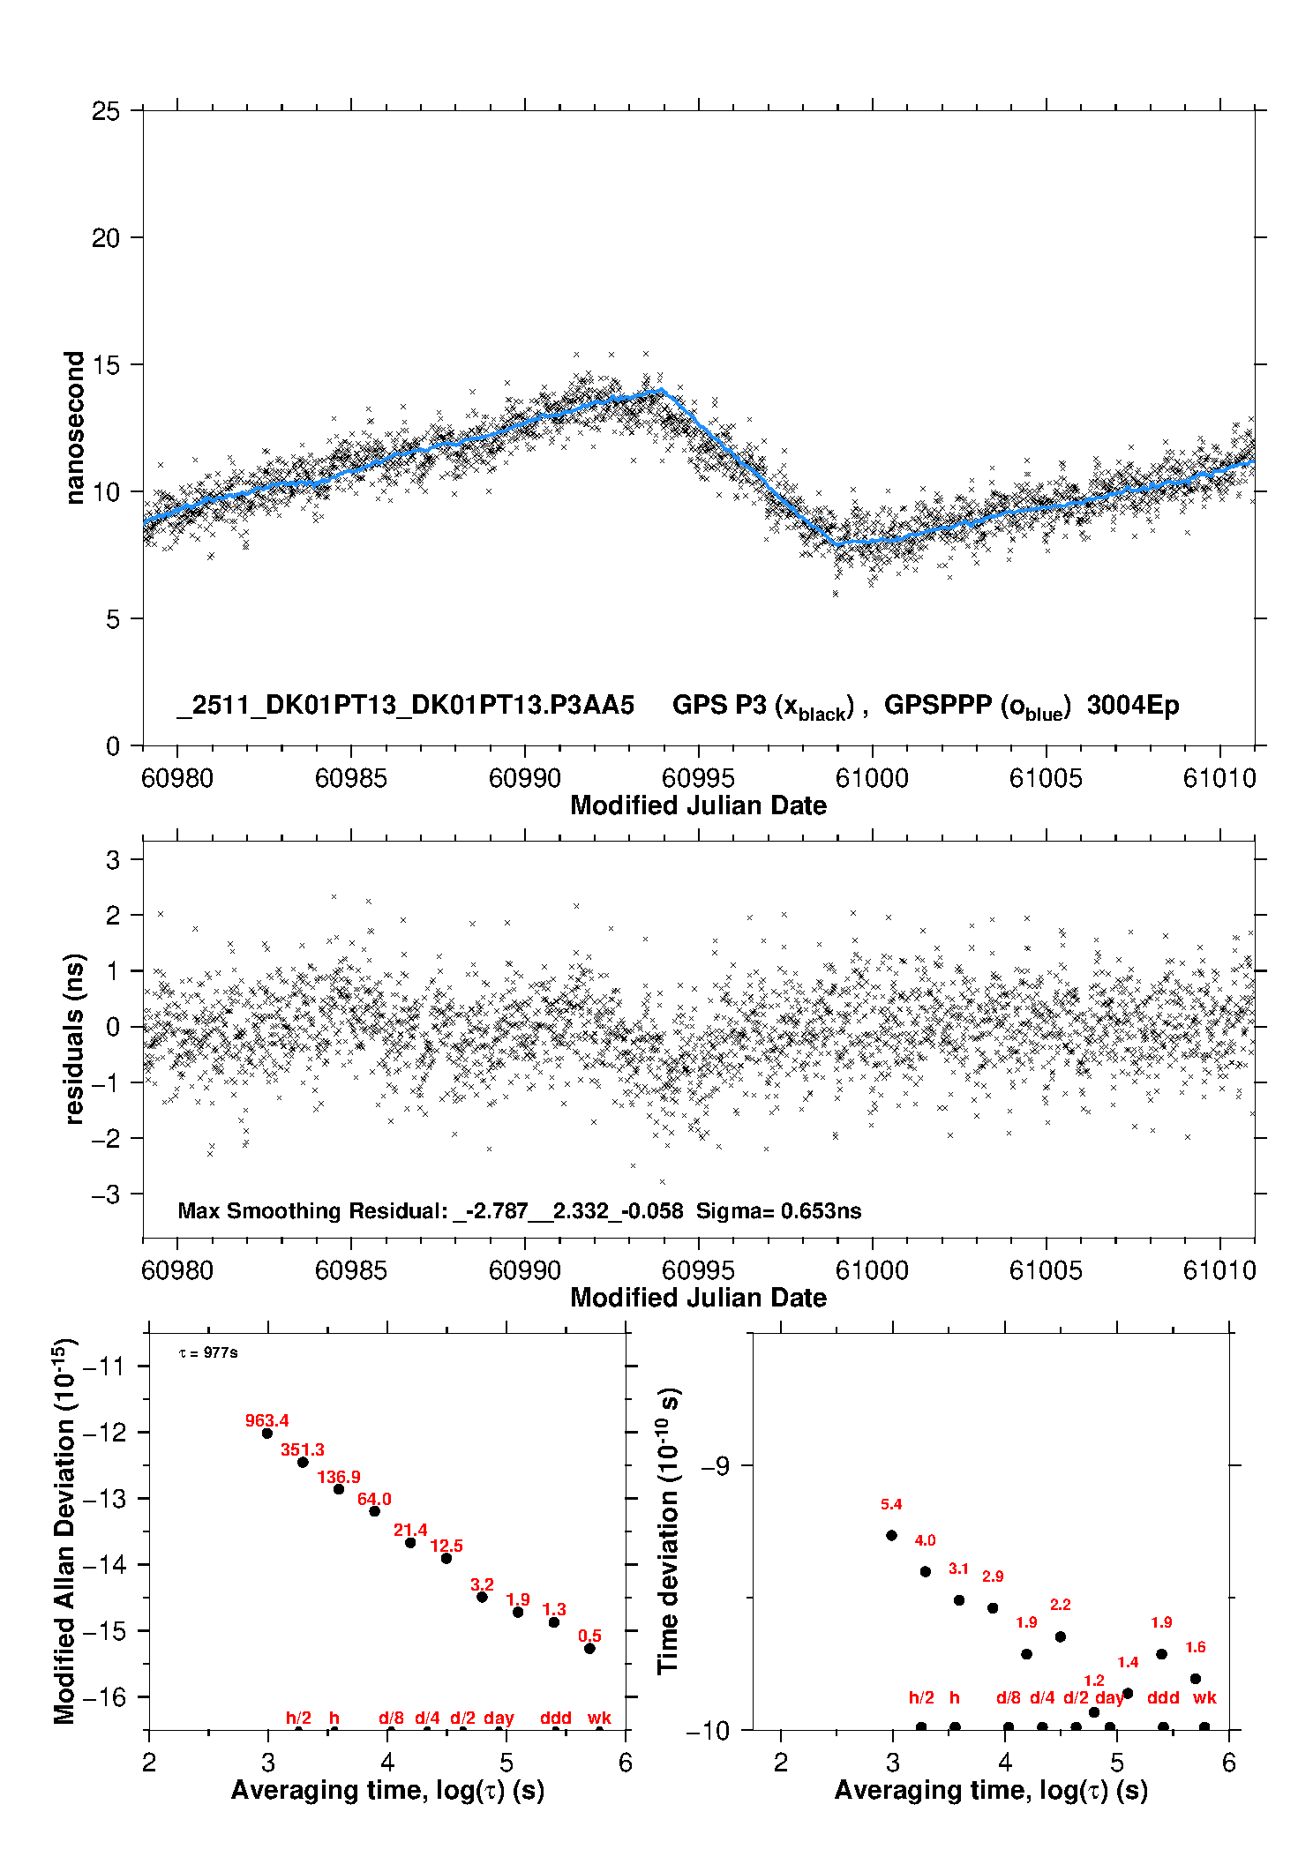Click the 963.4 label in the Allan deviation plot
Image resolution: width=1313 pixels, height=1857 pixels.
click(x=266, y=1420)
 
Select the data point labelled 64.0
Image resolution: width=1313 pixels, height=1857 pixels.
click(x=374, y=1511)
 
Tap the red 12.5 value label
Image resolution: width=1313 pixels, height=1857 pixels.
click(x=446, y=1546)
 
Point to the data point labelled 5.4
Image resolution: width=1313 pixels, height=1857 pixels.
click(x=891, y=1535)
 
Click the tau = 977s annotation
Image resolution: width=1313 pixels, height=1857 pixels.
click(x=208, y=1352)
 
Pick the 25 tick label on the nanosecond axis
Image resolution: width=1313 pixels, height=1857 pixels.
click(x=105, y=111)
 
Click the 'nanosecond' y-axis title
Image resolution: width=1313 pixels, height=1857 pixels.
click(x=75, y=428)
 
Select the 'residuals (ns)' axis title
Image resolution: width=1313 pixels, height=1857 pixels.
click(x=75, y=1038)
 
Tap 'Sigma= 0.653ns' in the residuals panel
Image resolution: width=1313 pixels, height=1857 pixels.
click(x=778, y=1210)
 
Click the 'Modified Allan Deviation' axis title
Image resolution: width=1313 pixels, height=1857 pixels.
click(x=65, y=1531)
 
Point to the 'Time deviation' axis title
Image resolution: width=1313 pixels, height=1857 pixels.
click(x=669, y=1531)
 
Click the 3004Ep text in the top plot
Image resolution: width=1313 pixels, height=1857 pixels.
click(x=1133, y=705)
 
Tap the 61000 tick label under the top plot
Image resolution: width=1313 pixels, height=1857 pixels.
click(x=872, y=778)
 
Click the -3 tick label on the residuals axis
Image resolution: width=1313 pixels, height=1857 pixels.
click(x=106, y=1194)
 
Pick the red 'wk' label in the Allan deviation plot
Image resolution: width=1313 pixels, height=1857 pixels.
click(x=599, y=1718)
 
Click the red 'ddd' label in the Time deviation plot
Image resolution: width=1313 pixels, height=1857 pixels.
click(x=1163, y=1697)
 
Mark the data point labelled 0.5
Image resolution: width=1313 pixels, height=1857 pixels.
click(x=589, y=1648)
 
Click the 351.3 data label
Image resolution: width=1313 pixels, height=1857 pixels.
click(x=303, y=1449)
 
